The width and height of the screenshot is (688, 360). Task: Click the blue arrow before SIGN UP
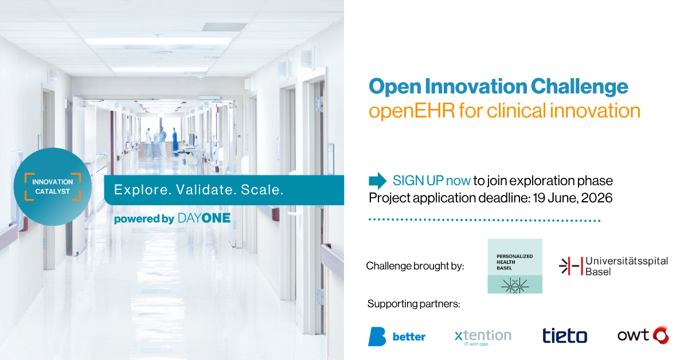point(377,181)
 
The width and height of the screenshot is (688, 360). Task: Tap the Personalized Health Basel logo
point(515,266)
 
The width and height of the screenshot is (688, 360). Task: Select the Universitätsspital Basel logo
point(613,266)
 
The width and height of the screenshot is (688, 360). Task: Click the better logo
point(397,336)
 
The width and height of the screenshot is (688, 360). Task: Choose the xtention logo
point(483,337)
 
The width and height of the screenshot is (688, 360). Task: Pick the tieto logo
point(565,335)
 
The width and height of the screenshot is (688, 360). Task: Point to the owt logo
point(643,335)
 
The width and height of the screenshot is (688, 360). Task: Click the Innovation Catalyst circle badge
point(53,187)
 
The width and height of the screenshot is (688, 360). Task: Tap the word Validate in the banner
point(204,190)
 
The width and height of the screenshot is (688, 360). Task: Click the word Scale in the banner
point(262,190)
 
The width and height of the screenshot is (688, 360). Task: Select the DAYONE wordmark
point(204,218)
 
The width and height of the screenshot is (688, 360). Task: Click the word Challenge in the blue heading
point(579,87)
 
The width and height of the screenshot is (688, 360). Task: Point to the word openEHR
point(412,111)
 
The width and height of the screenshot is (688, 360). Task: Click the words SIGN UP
point(418,181)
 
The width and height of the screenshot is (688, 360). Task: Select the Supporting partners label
point(414,304)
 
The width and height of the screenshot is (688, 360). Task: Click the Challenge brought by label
point(415,266)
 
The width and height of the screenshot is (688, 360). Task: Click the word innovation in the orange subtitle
point(595,111)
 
